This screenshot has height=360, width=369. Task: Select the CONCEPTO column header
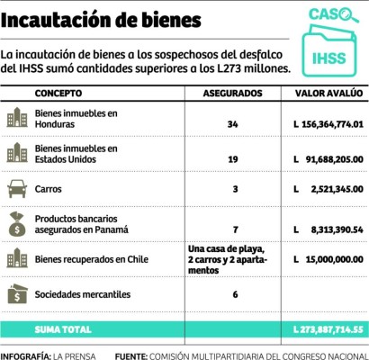58,94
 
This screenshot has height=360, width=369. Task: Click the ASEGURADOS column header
233,94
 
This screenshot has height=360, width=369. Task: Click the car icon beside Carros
17,189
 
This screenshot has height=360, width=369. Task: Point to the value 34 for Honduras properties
233,123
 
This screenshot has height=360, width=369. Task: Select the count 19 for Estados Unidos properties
233,157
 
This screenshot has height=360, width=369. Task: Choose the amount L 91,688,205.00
324,157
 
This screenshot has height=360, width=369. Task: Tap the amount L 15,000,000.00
324,258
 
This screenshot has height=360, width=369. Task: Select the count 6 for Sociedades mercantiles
234,294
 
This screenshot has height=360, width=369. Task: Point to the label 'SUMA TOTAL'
63,330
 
